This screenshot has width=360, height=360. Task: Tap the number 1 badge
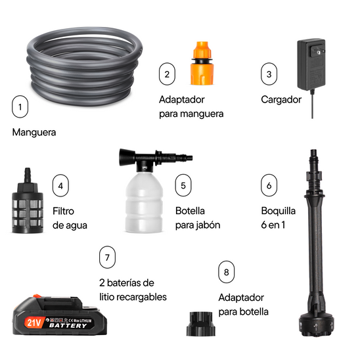pos(21,106)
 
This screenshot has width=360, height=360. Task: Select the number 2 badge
pos(168,74)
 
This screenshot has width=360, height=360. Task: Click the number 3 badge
pos(268,74)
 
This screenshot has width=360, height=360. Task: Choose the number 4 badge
pos(60,185)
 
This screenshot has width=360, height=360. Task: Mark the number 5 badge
pos(183,185)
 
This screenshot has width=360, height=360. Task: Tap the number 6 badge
pos(268,185)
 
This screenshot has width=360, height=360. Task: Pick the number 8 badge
pos(227,272)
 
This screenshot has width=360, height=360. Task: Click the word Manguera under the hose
pos(34,132)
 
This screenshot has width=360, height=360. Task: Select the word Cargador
pos(281,100)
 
